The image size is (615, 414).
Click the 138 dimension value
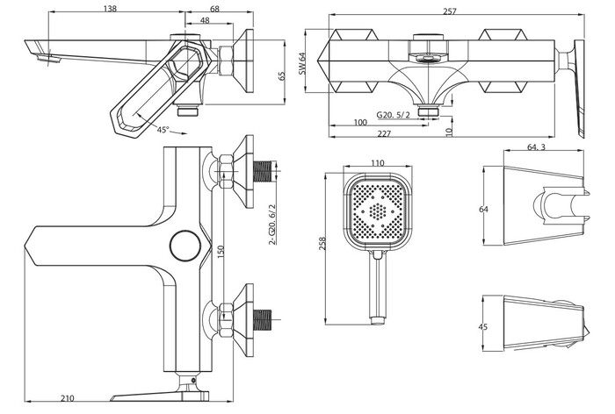pyautogui.click(x=110, y=8)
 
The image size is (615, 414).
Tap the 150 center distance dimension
pyautogui.click(x=222, y=253)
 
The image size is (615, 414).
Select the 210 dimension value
pyautogui.click(x=67, y=398)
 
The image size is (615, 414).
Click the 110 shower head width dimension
pyautogui.click(x=378, y=163)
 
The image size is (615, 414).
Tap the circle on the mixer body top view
pyautogui.click(x=185, y=244)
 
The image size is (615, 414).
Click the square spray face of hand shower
pyautogui.click(x=379, y=213)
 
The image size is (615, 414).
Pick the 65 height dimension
pyautogui.click(x=282, y=76)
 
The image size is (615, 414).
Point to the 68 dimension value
pyautogui.click(x=214, y=8)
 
